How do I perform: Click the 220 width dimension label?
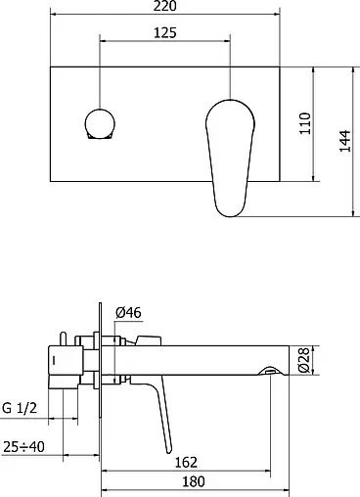click(x=165, y=6)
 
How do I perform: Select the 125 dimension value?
click(x=165, y=32)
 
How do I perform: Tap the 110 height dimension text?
click(x=305, y=123)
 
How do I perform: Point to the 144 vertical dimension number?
click(x=345, y=141)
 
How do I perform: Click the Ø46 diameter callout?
click(x=128, y=312)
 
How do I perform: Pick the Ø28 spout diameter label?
click(x=303, y=360)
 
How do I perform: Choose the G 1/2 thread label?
click(x=20, y=408)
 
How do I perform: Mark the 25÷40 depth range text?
click(x=23, y=446)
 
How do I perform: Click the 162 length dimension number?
click(x=186, y=462)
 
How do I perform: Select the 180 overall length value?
click(x=194, y=481)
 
